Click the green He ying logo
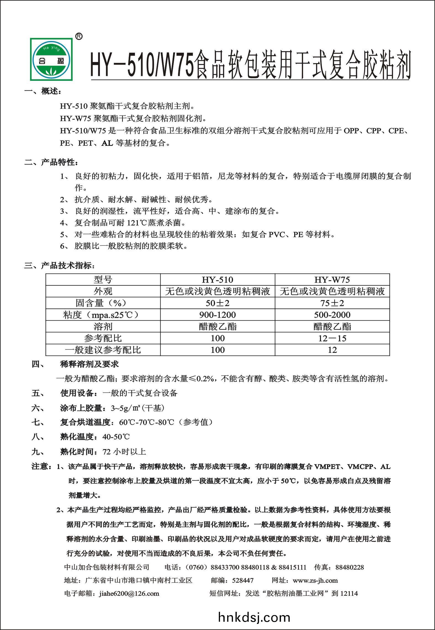click(52, 59)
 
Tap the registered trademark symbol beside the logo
click(79, 36)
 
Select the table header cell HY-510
click(217, 280)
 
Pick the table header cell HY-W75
click(332, 280)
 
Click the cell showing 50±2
click(217, 303)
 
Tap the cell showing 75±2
click(332, 303)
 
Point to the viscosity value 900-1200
click(217, 315)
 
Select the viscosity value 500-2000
click(332, 315)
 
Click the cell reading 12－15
click(332, 338)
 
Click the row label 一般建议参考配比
click(103, 350)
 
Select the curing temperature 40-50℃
click(116, 437)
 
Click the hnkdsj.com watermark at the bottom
click(254, 617)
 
